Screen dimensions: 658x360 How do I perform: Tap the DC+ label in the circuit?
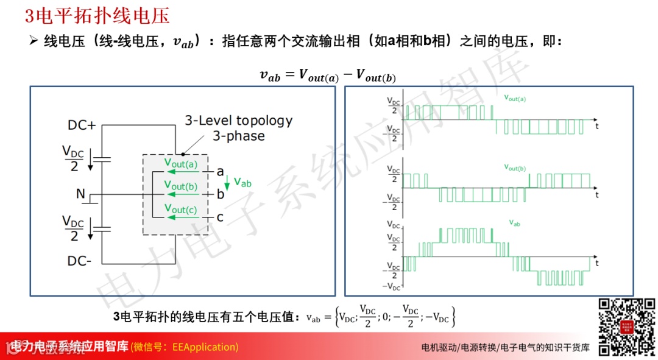point(82,125)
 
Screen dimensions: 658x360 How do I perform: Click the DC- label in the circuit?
point(80,261)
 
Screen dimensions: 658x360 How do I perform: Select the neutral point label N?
point(80,194)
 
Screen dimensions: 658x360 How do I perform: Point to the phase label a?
point(220,172)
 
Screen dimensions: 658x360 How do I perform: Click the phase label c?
point(220,217)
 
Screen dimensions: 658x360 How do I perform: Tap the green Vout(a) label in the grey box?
point(180,163)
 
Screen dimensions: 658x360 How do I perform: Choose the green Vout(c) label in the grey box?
point(180,209)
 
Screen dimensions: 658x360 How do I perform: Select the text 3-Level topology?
point(238,121)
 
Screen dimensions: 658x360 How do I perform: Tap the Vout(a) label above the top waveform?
point(515,97)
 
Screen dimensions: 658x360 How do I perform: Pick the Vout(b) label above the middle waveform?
point(515,167)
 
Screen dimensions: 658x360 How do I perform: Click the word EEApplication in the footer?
point(204,347)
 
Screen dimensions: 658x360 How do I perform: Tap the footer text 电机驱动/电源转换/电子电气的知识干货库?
point(506,348)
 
